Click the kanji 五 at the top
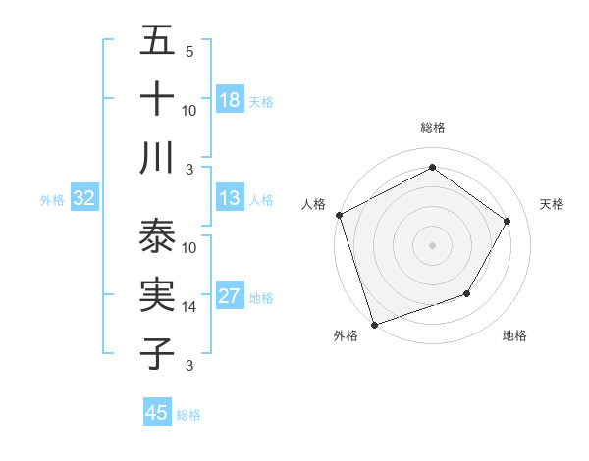click(157, 40)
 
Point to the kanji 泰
click(157, 236)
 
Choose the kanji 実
click(157, 295)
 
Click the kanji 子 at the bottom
click(157, 354)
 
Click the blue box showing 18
click(230, 99)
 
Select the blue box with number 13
click(230, 198)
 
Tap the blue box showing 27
click(230, 296)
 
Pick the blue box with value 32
click(83, 198)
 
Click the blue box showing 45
click(157, 413)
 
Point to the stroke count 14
click(189, 307)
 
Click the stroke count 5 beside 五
click(189, 52)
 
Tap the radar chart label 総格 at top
click(432, 128)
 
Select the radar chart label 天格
click(553, 204)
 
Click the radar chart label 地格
click(514, 335)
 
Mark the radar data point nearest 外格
click(374, 324)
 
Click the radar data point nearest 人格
click(339, 215)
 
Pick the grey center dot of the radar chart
click(432, 244)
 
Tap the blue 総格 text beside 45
click(188, 415)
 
